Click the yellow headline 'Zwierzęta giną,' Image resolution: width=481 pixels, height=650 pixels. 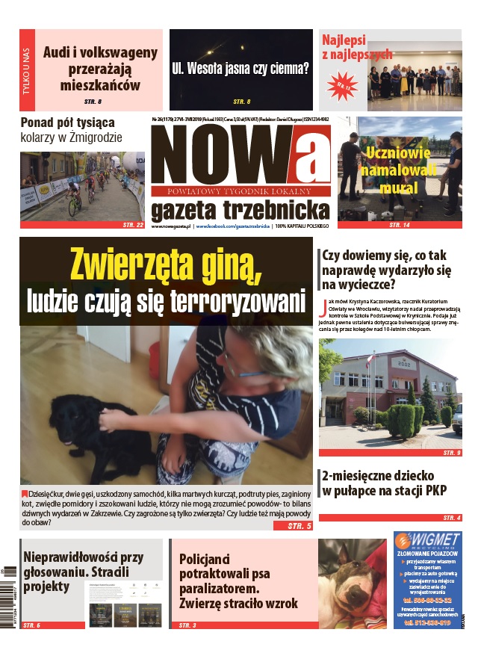tap(166, 265)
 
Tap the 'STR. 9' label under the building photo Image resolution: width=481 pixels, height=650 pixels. tap(452, 453)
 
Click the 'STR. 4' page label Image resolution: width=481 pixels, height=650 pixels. tap(452, 518)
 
